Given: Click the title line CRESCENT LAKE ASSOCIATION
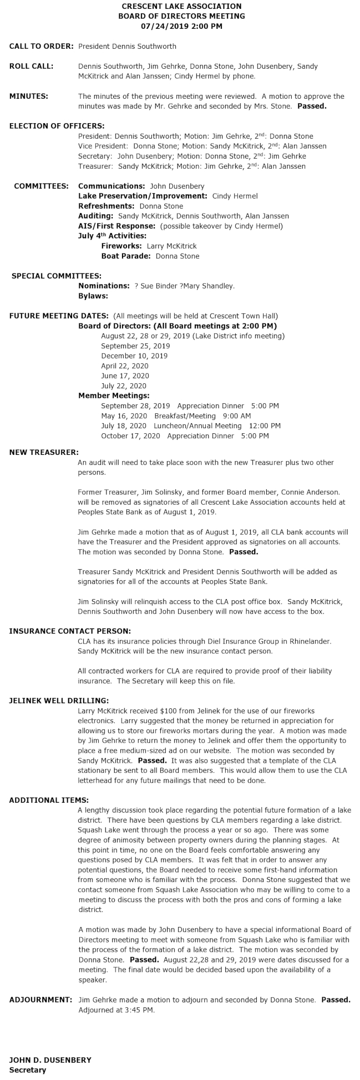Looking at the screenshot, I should [181, 6].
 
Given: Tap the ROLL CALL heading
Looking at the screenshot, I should [32, 66].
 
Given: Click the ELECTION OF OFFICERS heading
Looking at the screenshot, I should [57, 126].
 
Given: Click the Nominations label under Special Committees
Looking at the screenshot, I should [104, 286].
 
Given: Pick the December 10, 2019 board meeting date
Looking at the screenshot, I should [134, 356].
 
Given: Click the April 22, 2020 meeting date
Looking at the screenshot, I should [125, 366].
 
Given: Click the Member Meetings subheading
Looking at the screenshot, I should [114, 396].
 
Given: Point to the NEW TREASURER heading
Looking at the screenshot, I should [44, 452].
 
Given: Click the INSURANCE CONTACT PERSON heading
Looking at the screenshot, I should [70, 631].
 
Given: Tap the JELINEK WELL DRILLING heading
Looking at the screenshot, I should [59, 701].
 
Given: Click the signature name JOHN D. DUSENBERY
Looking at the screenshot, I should [50, 1060].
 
